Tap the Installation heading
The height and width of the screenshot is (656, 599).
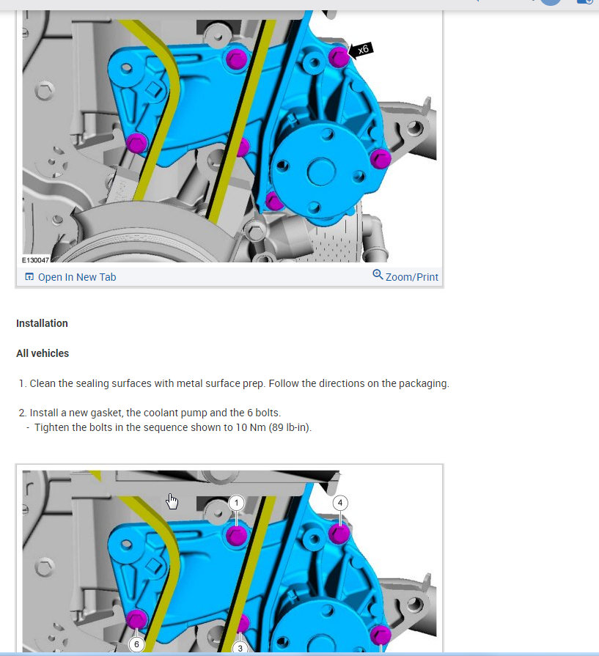[42, 323]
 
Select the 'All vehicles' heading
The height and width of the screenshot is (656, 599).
[43, 353]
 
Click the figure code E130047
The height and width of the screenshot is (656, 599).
[36, 259]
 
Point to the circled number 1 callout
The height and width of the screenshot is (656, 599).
[237, 503]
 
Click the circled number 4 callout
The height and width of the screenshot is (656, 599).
[340, 503]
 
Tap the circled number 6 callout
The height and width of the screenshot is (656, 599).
[136, 644]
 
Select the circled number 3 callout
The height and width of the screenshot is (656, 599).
[240, 648]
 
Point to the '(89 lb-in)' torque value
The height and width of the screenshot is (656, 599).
[290, 427]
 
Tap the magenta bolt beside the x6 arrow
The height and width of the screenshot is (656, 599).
[339, 57]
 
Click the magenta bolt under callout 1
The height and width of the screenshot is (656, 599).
[237, 536]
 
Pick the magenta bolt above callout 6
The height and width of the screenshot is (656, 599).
[136, 619]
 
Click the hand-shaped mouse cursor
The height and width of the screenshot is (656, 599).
[172, 501]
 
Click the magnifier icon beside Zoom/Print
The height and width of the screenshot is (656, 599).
[378, 274]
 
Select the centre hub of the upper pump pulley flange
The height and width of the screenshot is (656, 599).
[321, 172]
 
